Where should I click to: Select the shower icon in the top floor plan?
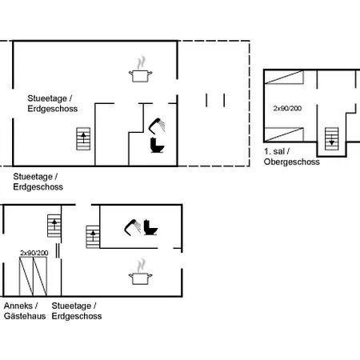tap(157, 126)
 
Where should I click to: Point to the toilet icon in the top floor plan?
tap(157, 146)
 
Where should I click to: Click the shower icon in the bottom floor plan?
tap(133, 227)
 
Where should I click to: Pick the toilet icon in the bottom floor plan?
tap(150, 227)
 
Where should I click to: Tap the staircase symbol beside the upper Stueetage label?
tap(83, 139)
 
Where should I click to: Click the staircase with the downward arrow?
tap(331, 138)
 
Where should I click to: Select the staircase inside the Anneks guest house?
tap(54, 226)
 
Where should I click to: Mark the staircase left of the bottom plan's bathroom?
tap(93, 237)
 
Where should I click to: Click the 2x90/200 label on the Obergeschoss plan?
tap(287, 108)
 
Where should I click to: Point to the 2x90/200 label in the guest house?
tap(34, 253)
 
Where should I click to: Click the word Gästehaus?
tap(25, 316)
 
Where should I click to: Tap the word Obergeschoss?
tap(292, 162)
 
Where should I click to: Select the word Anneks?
tap(18, 306)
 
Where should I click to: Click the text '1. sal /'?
tap(277, 151)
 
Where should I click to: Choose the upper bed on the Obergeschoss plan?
tap(284, 77)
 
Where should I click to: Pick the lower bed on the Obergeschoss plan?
tap(284, 134)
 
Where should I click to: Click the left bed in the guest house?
tap(26, 276)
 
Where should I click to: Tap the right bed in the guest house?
tap(40, 276)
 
